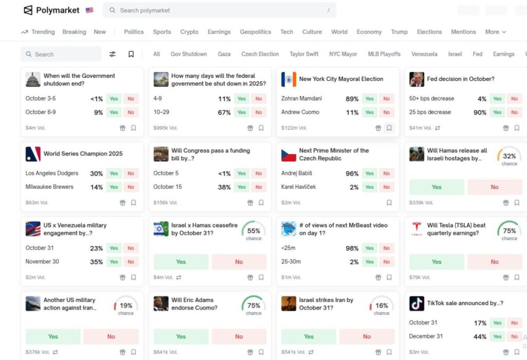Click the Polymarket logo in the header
point(51,10)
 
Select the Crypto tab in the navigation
point(189,32)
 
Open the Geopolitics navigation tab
point(255,32)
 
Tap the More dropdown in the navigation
point(495,32)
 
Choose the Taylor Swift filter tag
point(304,54)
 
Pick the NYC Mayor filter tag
point(343,54)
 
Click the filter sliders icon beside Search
point(113,54)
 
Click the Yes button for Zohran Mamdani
point(370,99)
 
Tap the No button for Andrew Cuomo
point(387,112)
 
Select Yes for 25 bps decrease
point(497,112)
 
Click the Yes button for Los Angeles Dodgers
point(114,174)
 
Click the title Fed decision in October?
point(461,79)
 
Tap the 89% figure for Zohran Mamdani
point(352,99)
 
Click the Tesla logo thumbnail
point(417,229)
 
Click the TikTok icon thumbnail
point(417,303)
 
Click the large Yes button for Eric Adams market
point(181,336)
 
